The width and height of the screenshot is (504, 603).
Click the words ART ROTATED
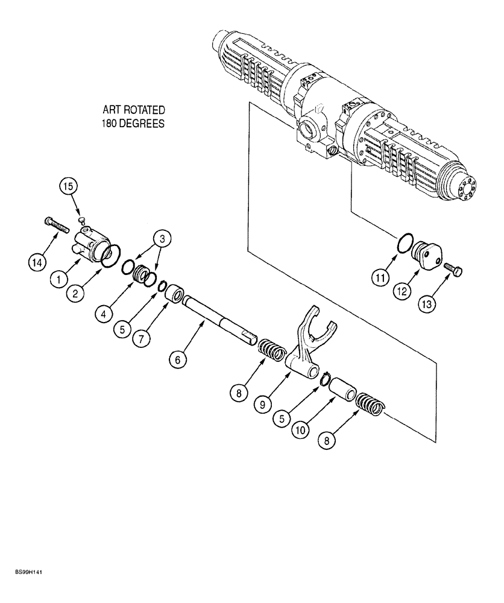[x=134, y=110]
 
